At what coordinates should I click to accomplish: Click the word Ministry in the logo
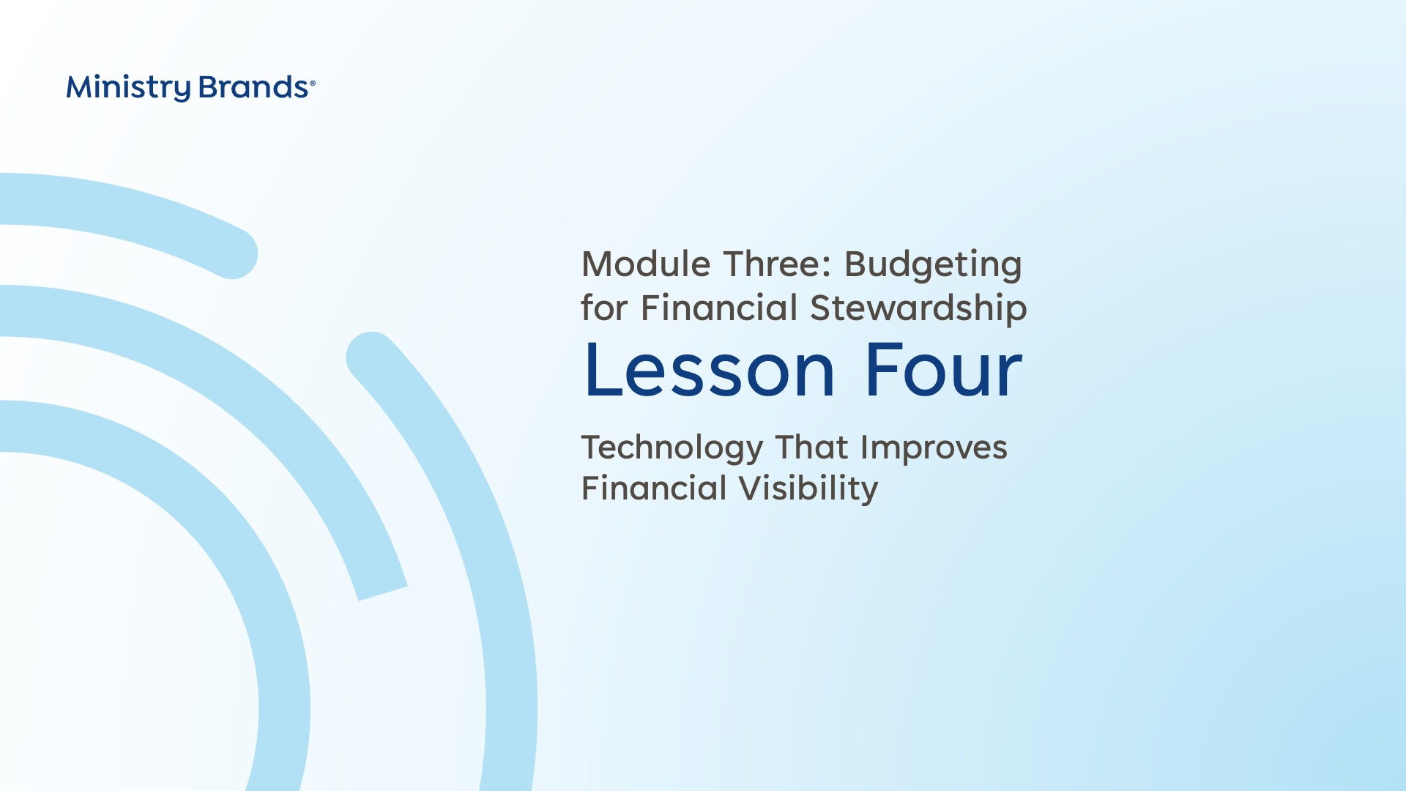[128, 88]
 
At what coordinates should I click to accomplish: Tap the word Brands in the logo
[253, 87]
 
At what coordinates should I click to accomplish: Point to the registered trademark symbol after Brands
[313, 83]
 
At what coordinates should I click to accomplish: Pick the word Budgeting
[933, 266]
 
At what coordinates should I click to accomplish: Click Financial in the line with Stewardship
[719, 308]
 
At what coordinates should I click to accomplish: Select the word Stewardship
[918, 310]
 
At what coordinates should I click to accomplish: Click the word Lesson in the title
[710, 371]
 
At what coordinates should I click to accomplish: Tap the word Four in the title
[943, 371]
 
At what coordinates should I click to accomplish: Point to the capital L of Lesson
[601, 370]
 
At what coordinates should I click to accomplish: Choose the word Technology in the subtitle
[672, 449]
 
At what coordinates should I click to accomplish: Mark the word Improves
[934, 449]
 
